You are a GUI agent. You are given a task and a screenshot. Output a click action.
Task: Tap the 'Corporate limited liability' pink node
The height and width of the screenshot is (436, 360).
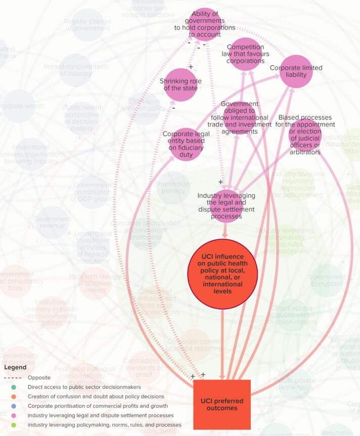coord(296,71)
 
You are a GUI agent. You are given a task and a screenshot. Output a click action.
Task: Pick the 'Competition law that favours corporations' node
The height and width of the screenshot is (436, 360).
coord(245,54)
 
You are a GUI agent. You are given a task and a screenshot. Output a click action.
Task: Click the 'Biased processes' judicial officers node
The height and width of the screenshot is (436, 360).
coord(305,135)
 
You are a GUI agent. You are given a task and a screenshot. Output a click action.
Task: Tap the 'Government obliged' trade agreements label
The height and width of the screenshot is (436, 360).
coord(240,118)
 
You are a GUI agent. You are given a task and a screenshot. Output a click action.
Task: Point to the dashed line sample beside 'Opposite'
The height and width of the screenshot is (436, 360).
coord(15,378)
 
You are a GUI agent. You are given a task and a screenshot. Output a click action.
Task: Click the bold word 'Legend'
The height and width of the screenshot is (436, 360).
coord(15,367)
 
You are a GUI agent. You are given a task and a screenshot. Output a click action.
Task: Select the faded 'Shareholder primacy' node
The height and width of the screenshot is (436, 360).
coord(173,188)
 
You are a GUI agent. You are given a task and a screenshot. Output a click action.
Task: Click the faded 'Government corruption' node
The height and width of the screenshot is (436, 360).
coord(327,280)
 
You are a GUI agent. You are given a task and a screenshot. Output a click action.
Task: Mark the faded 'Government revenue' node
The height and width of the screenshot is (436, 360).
coord(53,223)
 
